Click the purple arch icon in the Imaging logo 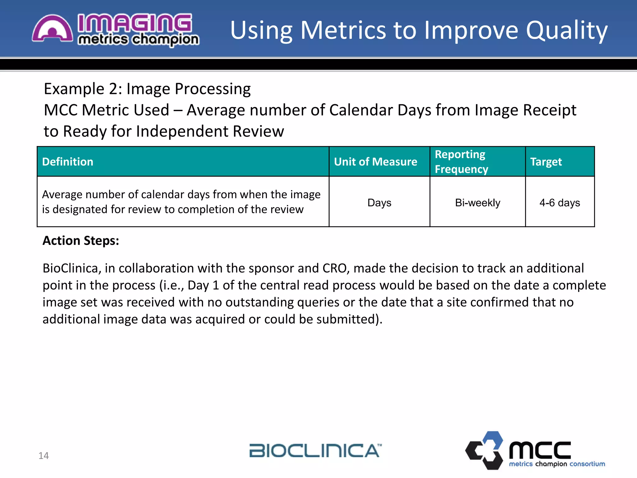(52, 29)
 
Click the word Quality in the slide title (566, 30)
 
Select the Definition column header (68, 162)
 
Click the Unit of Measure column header (375, 162)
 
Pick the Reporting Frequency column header (461, 162)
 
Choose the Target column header (546, 162)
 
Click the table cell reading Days (379, 203)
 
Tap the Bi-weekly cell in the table (477, 203)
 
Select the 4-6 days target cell (560, 203)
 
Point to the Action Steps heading (81, 241)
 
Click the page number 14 (44, 456)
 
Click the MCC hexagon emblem (485, 450)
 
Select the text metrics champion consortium (557, 464)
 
